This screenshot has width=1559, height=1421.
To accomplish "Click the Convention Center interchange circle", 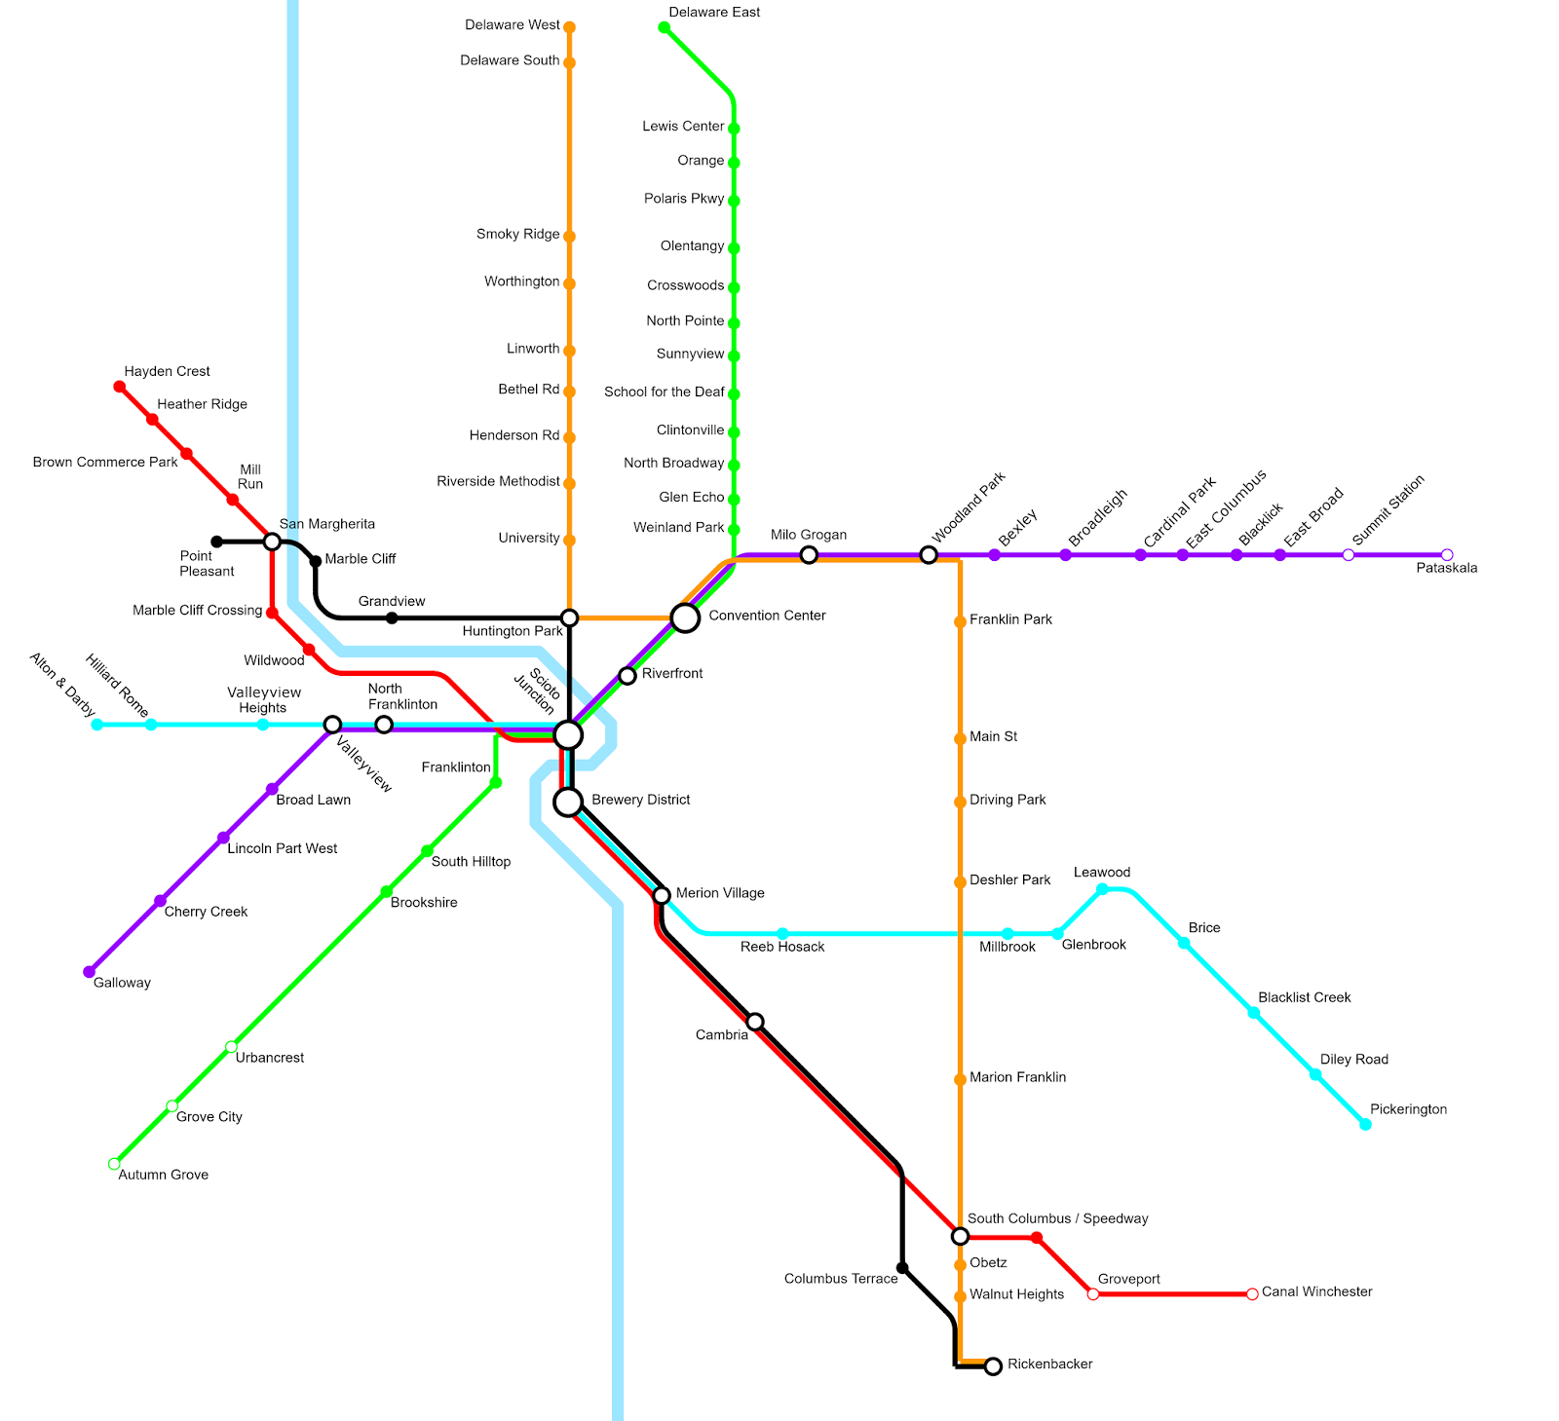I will point(685,617).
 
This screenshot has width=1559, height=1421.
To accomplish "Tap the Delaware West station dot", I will point(569,27).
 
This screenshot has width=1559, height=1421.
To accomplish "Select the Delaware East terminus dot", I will point(665,27).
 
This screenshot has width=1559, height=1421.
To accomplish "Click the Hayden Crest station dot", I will point(120,387).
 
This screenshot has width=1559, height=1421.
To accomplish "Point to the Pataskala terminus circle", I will point(1447,555).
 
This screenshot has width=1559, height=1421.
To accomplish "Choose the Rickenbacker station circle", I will point(993,1366).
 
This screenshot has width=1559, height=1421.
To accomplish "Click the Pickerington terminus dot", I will point(1365,1125).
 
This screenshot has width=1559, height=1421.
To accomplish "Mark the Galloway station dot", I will point(90,972).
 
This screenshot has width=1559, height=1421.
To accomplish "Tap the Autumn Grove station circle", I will point(114,1164).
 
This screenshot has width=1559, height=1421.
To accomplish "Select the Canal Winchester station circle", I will point(1253,1294).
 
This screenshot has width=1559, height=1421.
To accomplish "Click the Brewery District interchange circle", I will point(568,803).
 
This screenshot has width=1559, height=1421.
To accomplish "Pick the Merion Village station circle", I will point(662,895).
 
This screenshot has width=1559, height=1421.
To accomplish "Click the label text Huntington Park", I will point(513,631).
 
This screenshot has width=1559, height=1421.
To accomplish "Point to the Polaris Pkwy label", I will point(684,199).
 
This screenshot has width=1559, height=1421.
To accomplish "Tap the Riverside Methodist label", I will point(498,481).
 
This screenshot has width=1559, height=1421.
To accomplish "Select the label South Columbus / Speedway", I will point(1057,1218).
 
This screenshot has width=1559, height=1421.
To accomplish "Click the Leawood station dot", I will point(1102,889).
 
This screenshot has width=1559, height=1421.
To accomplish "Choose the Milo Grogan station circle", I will point(809,555).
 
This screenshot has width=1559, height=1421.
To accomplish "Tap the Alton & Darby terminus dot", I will point(96,725).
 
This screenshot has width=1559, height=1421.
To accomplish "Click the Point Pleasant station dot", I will point(216,542).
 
